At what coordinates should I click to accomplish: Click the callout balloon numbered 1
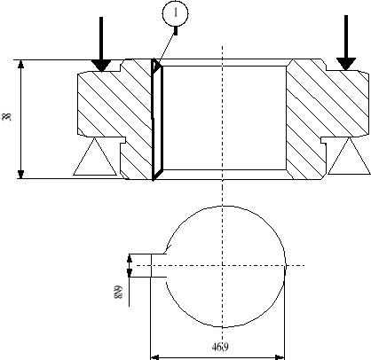(x=176, y=13)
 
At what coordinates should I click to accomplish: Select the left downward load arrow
(x=102, y=44)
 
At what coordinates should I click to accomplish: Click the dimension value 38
(x=7, y=118)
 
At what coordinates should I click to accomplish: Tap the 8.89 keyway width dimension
(x=118, y=288)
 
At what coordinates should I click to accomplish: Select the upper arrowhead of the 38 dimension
(x=20, y=65)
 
